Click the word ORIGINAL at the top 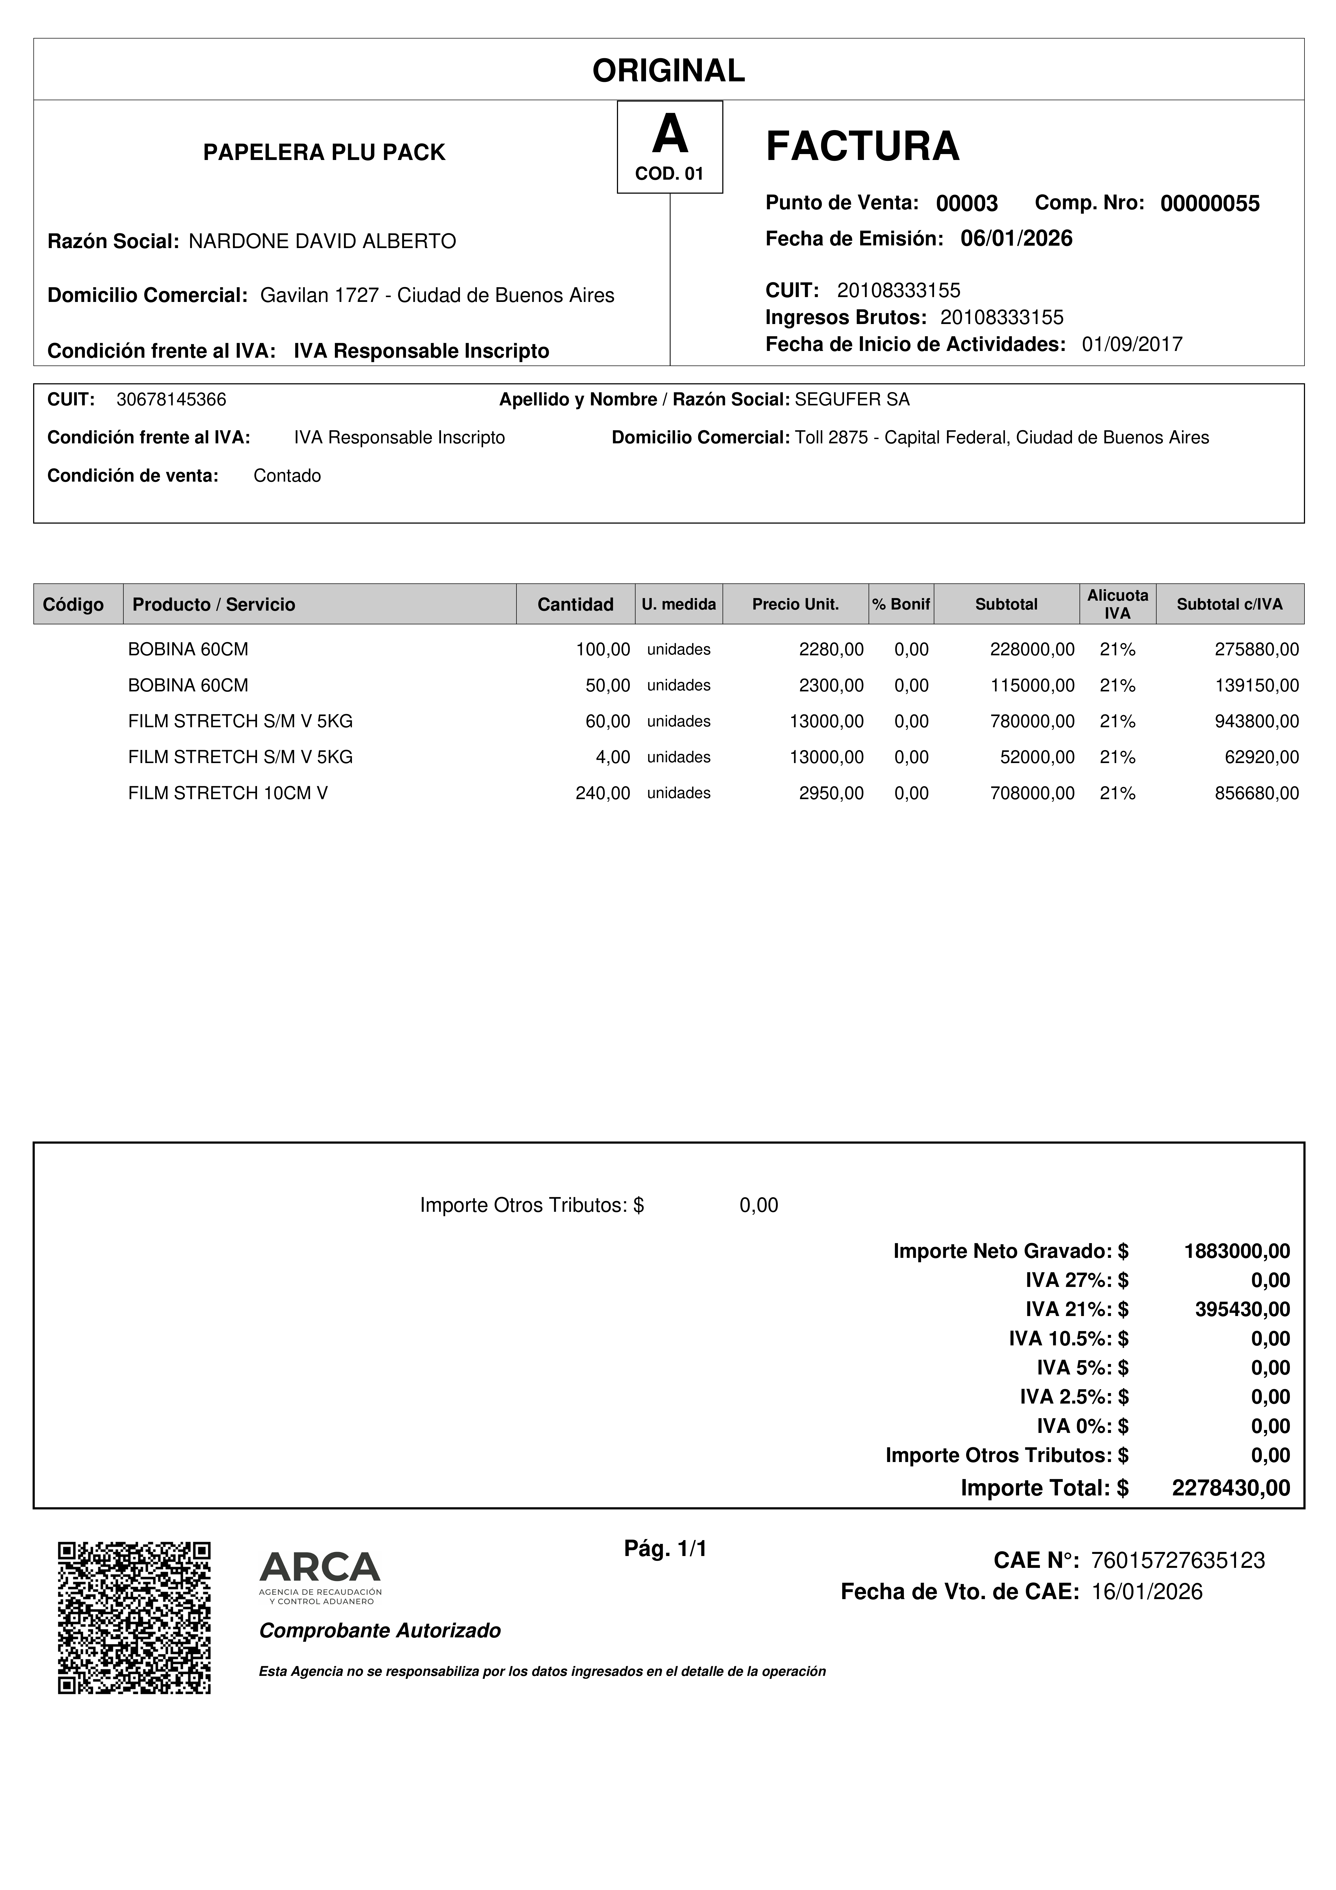pos(668,71)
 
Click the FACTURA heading pos(862,147)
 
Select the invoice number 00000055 pos(1209,203)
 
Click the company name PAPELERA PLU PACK pos(324,152)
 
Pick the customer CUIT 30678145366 pos(171,400)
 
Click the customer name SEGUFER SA pos(852,400)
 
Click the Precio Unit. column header pos(795,604)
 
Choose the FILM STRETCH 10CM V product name pos(228,793)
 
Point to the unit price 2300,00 pos(831,685)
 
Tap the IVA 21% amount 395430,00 pos(1242,1309)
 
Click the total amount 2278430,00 pos(1231,1488)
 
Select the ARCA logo pos(320,1576)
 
